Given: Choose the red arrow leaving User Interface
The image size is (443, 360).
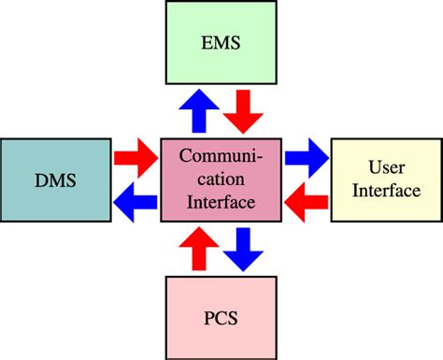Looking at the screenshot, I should coord(305,196).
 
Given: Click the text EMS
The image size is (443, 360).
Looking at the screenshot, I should coord(222,44).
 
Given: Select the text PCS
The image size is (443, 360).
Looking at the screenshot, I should coord(221,318).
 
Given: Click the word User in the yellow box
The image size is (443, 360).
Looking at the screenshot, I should coord(385,166).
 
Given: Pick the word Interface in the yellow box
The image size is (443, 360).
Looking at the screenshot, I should coord(385,190).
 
